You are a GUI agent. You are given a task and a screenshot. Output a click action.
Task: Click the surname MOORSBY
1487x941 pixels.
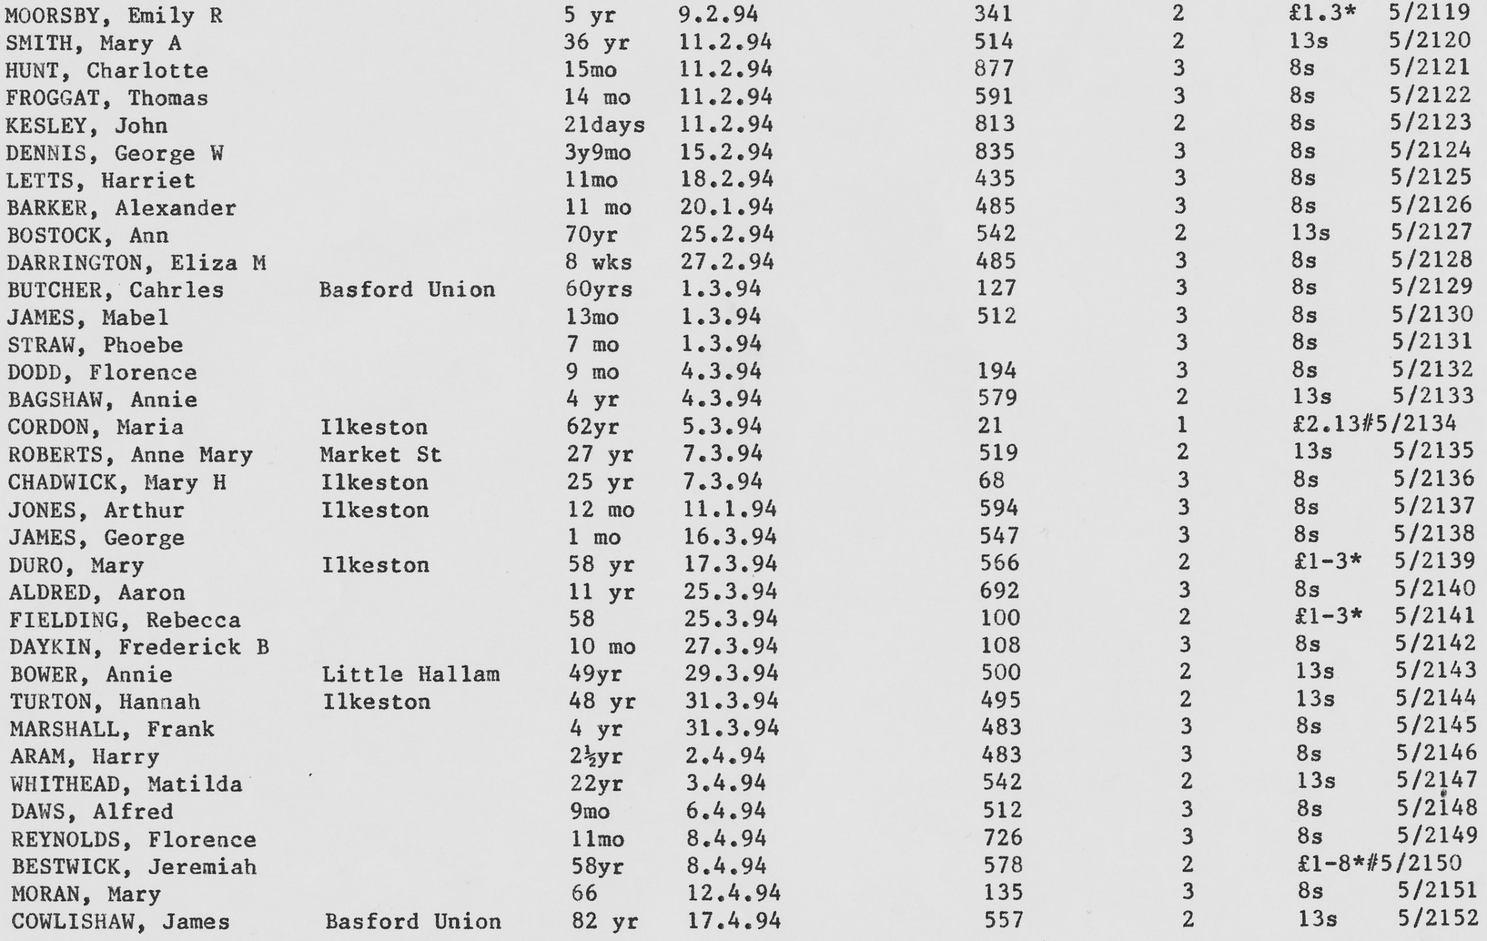coord(52,16)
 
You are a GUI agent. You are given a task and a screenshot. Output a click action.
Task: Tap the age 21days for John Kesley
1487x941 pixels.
coord(604,125)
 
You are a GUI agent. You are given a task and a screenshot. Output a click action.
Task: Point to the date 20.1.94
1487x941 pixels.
coord(727,206)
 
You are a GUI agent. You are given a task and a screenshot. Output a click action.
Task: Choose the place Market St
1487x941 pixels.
coord(380,454)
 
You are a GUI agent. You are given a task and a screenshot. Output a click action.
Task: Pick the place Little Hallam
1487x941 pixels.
coord(410,673)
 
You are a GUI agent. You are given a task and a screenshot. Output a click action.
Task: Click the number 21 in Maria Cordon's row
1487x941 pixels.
coord(990,425)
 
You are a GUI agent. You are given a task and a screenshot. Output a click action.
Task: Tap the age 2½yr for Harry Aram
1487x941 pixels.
coord(596,755)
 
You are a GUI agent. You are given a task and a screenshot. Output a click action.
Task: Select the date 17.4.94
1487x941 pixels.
coord(734,921)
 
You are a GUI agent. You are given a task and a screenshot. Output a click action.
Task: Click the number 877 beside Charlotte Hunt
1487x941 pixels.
coord(994,69)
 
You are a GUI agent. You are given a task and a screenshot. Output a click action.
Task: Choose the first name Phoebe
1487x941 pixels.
coord(143,344)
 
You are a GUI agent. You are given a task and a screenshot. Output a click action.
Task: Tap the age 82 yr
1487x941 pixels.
coord(605,921)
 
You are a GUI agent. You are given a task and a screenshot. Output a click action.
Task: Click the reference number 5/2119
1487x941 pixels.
coord(1429,13)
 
